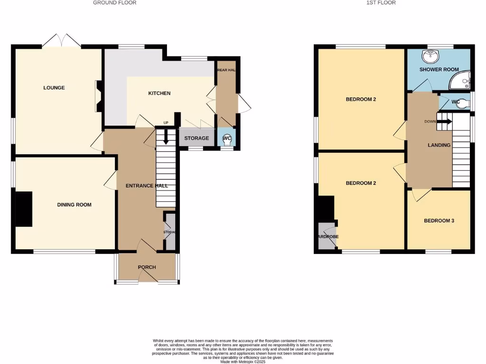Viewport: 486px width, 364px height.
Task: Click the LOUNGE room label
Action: pyautogui.click(x=54, y=88)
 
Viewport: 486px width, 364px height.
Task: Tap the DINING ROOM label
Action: pyautogui.click(x=74, y=205)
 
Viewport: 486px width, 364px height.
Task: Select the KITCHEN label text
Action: pyautogui.click(x=159, y=93)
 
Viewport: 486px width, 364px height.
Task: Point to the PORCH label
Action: pyautogui.click(x=147, y=267)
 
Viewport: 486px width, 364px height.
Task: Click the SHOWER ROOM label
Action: pyautogui.click(x=439, y=70)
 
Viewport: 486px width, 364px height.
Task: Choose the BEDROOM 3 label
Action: pyautogui.click(x=439, y=220)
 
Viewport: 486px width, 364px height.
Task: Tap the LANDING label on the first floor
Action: pyautogui.click(x=439, y=145)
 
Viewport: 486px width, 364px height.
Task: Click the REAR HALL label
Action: pyautogui.click(x=226, y=70)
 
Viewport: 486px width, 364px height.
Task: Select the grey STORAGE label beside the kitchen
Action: pyautogui.click(x=196, y=138)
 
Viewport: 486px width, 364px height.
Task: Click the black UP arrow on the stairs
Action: pyautogui.click(x=166, y=137)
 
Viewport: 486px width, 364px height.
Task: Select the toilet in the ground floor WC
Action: pyautogui.click(x=227, y=139)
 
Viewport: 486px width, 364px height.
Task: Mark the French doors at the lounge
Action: pyautogui.click(x=61, y=41)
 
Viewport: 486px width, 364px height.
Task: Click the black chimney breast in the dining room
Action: pyautogui.click(x=24, y=209)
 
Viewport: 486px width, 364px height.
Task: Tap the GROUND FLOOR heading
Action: pyautogui.click(x=114, y=3)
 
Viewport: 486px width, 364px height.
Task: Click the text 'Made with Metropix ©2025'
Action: pyautogui.click(x=243, y=361)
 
